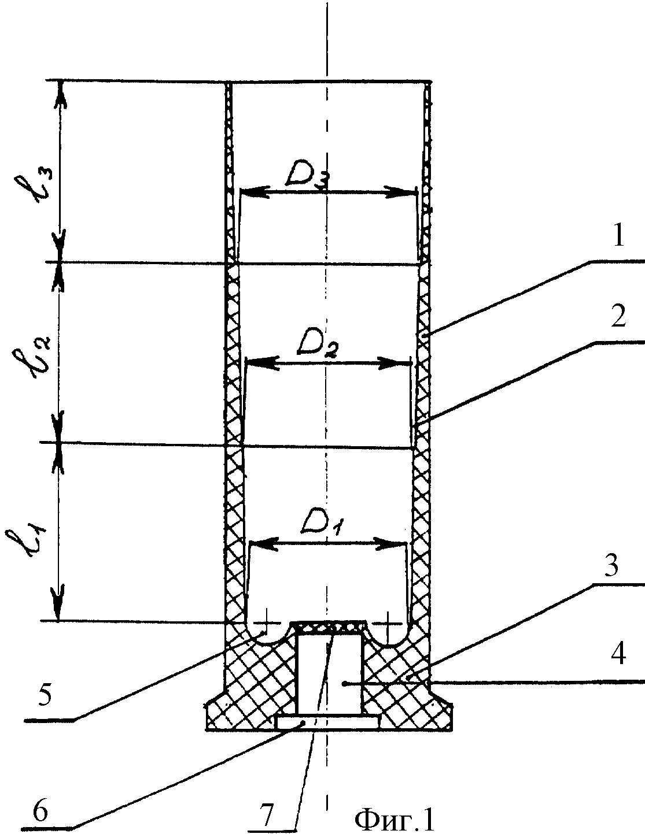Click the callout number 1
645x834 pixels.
click(x=617, y=239)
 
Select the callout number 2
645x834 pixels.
click(x=618, y=317)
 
